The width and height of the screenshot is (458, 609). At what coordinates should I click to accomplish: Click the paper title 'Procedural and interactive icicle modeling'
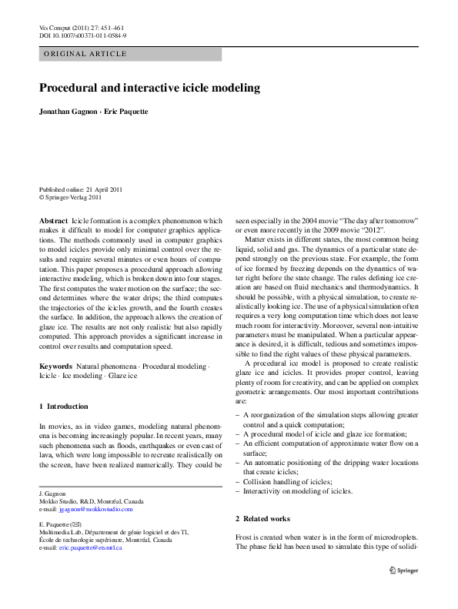(x=149, y=88)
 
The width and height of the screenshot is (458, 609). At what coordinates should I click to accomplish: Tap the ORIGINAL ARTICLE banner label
(x=85, y=55)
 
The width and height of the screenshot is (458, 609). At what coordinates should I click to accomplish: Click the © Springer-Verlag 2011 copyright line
(x=70, y=197)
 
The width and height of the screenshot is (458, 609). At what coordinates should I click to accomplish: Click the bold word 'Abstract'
(x=53, y=220)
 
